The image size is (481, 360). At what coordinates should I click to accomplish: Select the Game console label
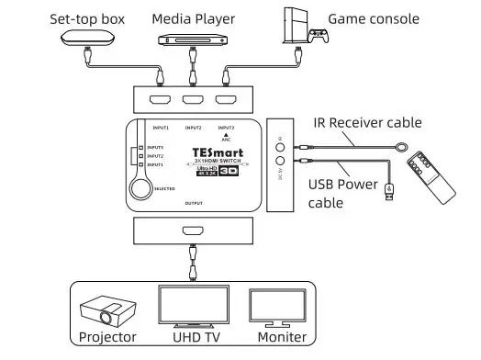pyautogui.click(x=374, y=18)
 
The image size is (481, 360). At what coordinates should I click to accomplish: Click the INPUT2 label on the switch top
pyautogui.click(x=193, y=128)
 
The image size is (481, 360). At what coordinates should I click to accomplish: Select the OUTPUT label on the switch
pyautogui.click(x=194, y=202)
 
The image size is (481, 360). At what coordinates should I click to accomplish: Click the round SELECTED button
pyautogui.click(x=140, y=186)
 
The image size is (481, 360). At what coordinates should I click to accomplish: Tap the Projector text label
pyautogui.click(x=107, y=337)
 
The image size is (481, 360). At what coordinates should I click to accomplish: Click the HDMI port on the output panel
pyautogui.click(x=194, y=233)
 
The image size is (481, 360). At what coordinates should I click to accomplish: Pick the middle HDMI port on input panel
pyautogui.click(x=193, y=103)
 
